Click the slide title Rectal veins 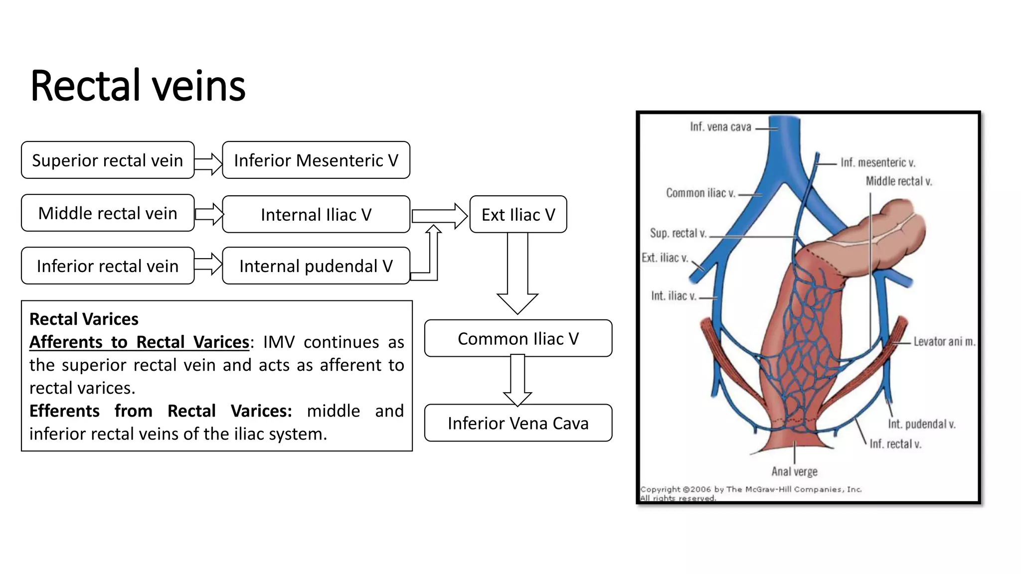138,86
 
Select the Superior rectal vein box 108,160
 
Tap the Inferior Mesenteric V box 316,160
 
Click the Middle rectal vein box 108,213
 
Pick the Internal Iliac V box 316,215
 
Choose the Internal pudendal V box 316,266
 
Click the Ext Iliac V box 518,215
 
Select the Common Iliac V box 518,339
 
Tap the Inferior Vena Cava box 518,423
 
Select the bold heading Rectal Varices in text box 84,319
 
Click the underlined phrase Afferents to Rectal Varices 139,342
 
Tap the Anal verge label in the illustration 794,471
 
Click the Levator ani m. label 944,342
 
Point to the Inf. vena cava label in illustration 720,127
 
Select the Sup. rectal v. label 678,233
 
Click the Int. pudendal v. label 921,424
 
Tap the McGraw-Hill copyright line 751,489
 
